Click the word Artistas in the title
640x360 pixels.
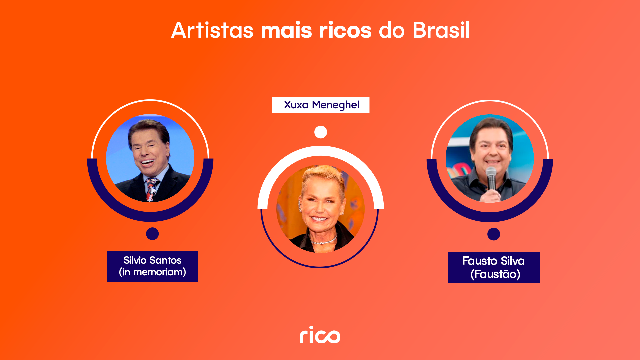click(x=212, y=30)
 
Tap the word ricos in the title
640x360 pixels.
click(x=345, y=30)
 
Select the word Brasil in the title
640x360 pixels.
click(x=441, y=30)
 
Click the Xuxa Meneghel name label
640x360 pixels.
click(x=321, y=105)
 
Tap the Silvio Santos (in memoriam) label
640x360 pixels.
click(x=152, y=266)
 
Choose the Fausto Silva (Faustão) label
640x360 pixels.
click(x=494, y=267)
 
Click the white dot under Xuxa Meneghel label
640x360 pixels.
click(x=321, y=132)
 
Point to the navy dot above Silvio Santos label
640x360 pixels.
click(x=152, y=234)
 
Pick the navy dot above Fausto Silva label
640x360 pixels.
click(x=494, y=234)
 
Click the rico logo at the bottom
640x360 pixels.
click(x=320, y=335)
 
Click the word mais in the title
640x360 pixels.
click(x=286, y=30)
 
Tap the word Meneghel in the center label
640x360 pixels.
click(x=335, y=105)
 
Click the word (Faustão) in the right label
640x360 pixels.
click(x=495, y=274)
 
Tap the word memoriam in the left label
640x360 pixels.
click(x=159, y=272)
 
